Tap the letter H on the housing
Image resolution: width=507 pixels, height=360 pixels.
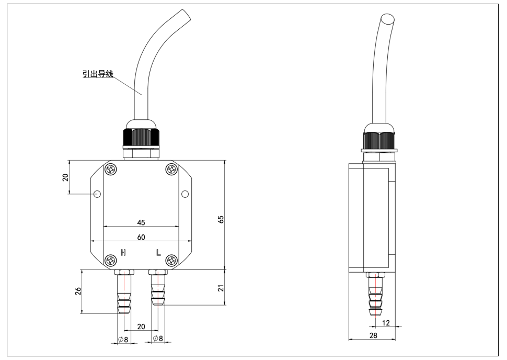tap(123, 253)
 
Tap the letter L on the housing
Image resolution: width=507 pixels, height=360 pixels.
tap(159, 253)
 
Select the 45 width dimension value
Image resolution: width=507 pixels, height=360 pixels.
tap(141, 222)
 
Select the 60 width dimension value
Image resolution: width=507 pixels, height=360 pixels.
tap(141, 237)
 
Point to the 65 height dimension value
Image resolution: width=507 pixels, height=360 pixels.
tap(221, 219)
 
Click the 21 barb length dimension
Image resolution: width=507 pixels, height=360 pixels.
tap(221, 288)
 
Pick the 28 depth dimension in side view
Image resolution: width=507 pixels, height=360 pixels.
tap(372, 335)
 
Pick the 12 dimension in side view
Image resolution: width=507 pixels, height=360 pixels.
tap(386, 323)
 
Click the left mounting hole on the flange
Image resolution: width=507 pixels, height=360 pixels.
tap(97, 194)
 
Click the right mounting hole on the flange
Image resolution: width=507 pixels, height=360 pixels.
tap(185, 194)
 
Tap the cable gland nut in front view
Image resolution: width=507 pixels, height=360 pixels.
tap(141, 138)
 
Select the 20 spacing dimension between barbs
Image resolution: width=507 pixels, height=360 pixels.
tap(141, 326)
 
